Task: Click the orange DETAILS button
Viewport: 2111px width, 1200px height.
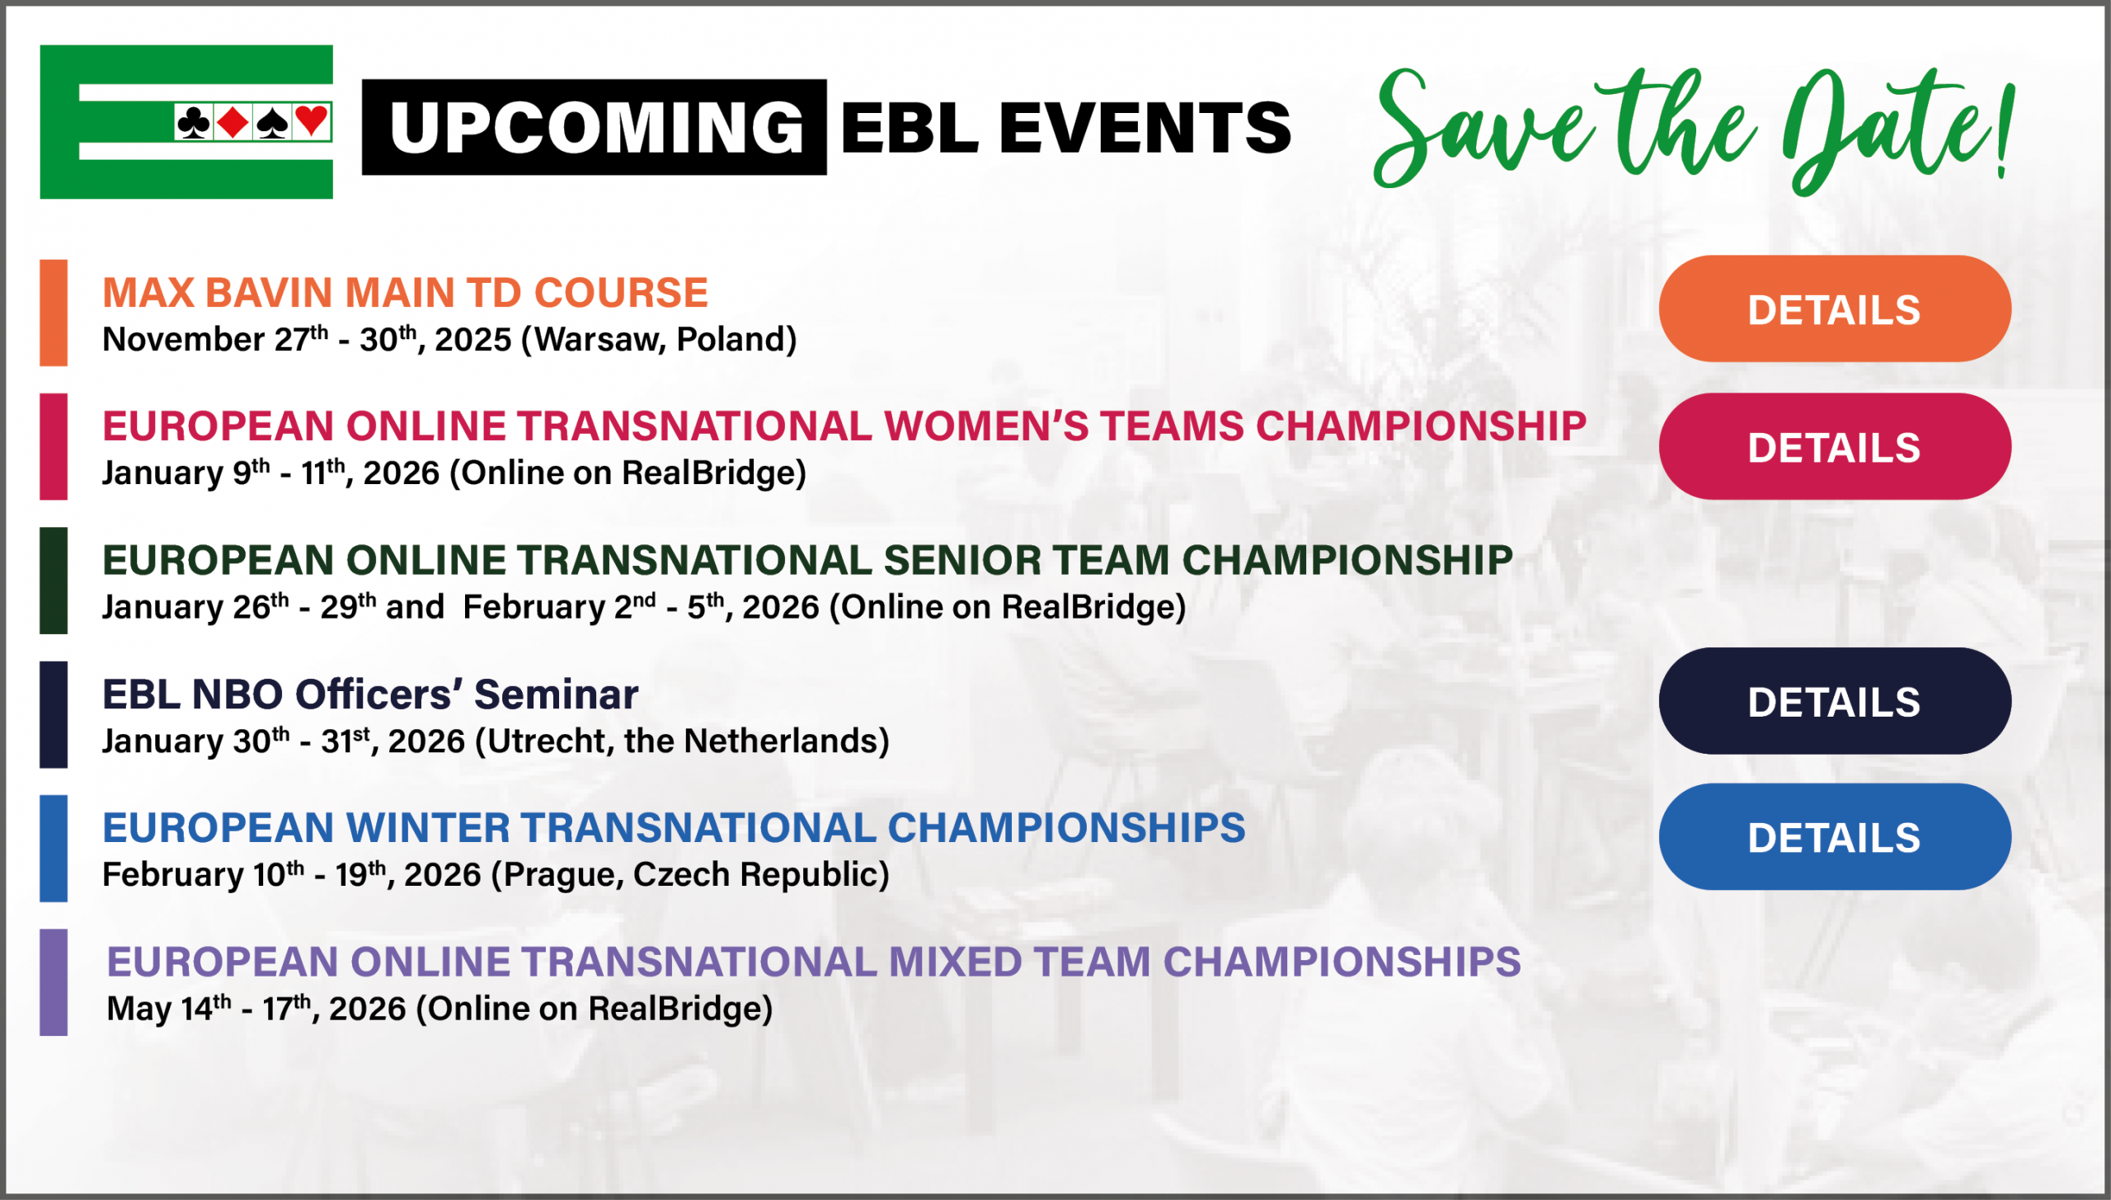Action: click(x=1834, y=308)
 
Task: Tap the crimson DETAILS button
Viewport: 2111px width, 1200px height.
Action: click(x=1834, y=446)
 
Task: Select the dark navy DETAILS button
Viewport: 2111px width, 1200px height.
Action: click(x=1834, y=700)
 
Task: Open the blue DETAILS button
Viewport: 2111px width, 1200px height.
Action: click(x=1834, y=836)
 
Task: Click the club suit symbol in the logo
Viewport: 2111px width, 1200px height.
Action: click(x=194, y=123)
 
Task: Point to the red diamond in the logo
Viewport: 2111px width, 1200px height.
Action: click(x=233, y=123)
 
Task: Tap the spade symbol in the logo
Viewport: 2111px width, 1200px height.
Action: click(x=272, y=123)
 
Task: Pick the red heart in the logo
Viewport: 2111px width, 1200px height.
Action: click(x=312, y=122)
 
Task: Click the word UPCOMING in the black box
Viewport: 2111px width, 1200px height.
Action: click(x=596, y=127)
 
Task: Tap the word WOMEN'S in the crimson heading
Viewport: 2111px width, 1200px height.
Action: click(x=985, y=426)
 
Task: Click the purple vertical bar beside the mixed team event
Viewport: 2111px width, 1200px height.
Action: click(x=54, y=982)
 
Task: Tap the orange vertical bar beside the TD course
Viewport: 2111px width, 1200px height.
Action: click(x=54, y=313)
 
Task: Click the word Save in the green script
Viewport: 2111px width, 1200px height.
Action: click(x=1480, y=132)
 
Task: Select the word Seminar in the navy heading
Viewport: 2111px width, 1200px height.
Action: click(x=556, y=694)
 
